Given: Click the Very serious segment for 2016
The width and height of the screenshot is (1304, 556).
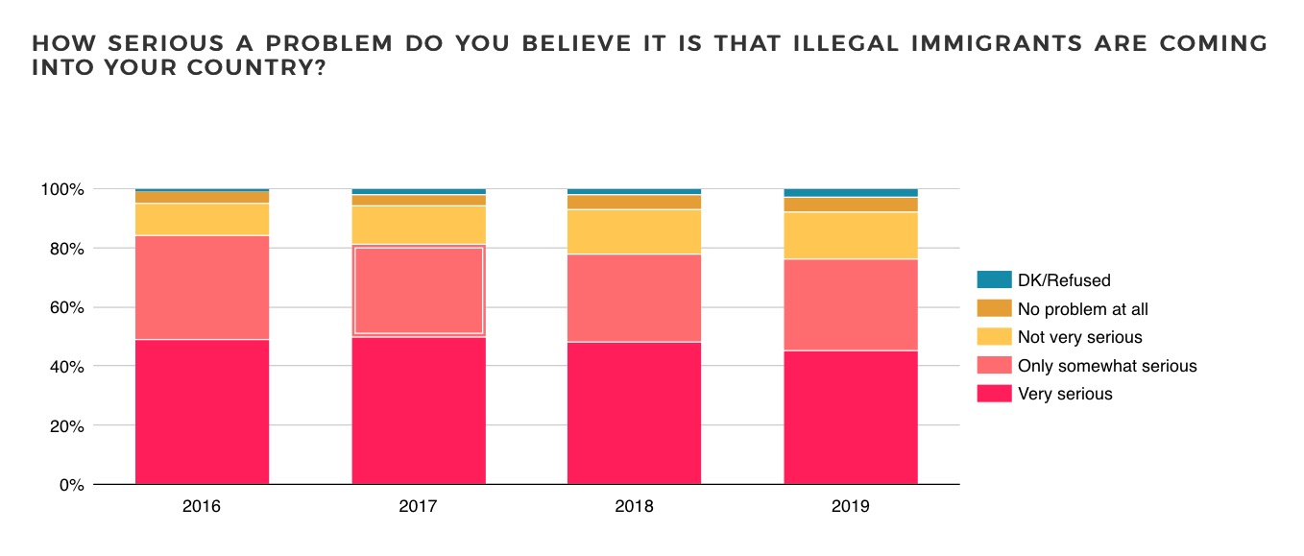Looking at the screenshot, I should [202, 412].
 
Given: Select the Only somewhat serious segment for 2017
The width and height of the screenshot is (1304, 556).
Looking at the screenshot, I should [419, 291].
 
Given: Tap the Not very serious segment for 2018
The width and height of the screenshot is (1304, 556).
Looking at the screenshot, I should [634, 231].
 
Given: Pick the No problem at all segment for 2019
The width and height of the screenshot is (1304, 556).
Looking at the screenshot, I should [851, 205].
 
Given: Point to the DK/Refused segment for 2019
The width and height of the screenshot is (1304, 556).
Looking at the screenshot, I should [851, 193].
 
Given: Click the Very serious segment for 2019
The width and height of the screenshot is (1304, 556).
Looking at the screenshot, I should [851, 418].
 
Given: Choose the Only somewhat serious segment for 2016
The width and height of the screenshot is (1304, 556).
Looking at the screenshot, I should [202, 287].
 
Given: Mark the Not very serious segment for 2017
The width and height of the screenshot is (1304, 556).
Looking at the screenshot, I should [419, 225].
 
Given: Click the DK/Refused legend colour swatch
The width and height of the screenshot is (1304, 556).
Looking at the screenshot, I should [994, 280].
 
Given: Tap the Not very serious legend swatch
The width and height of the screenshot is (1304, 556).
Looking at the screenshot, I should [994, 337].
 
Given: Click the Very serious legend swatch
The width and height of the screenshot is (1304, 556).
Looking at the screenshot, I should [994, 394].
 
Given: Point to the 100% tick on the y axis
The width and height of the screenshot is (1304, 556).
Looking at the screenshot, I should [62, 190].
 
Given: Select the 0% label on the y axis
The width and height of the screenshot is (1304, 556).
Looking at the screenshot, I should [71, 485].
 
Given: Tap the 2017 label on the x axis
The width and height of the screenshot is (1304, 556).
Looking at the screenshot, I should [419, 506].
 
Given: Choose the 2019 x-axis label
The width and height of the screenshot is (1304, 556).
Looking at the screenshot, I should [851, 506].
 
